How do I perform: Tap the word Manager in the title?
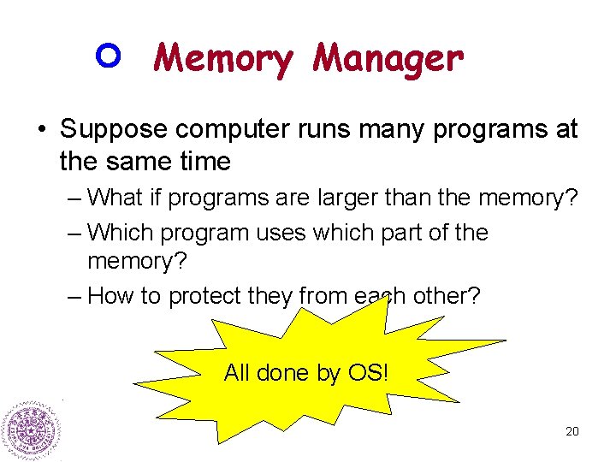coord(388,58)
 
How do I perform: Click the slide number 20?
coord(572,431)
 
